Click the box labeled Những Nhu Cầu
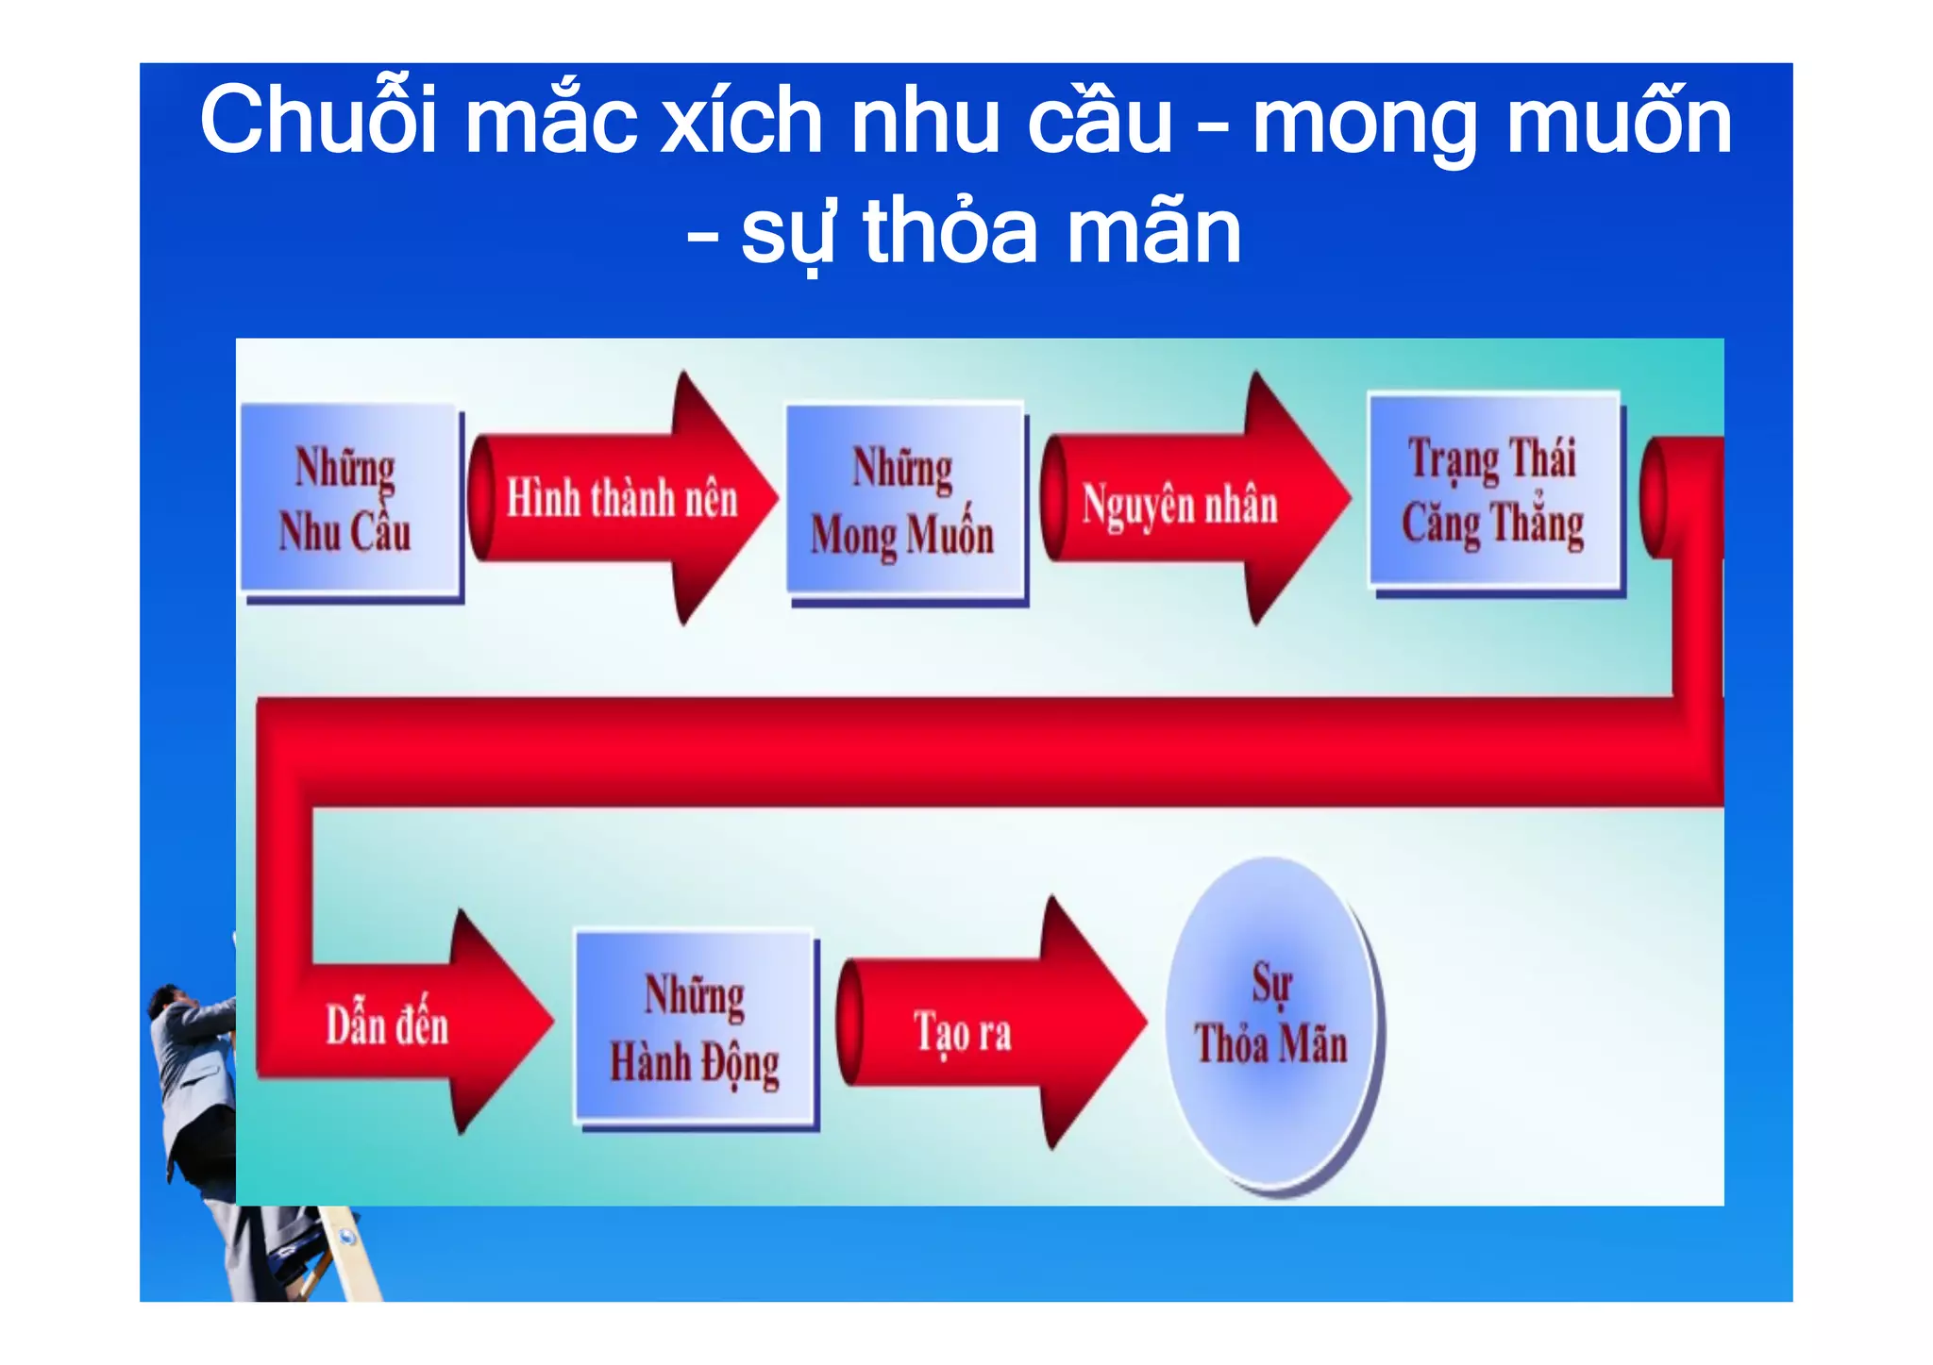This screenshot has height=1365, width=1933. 349,499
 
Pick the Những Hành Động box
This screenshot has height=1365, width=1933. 694,1027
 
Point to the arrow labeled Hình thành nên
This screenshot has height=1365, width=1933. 622,498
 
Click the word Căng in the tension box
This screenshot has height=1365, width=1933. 1440,524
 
